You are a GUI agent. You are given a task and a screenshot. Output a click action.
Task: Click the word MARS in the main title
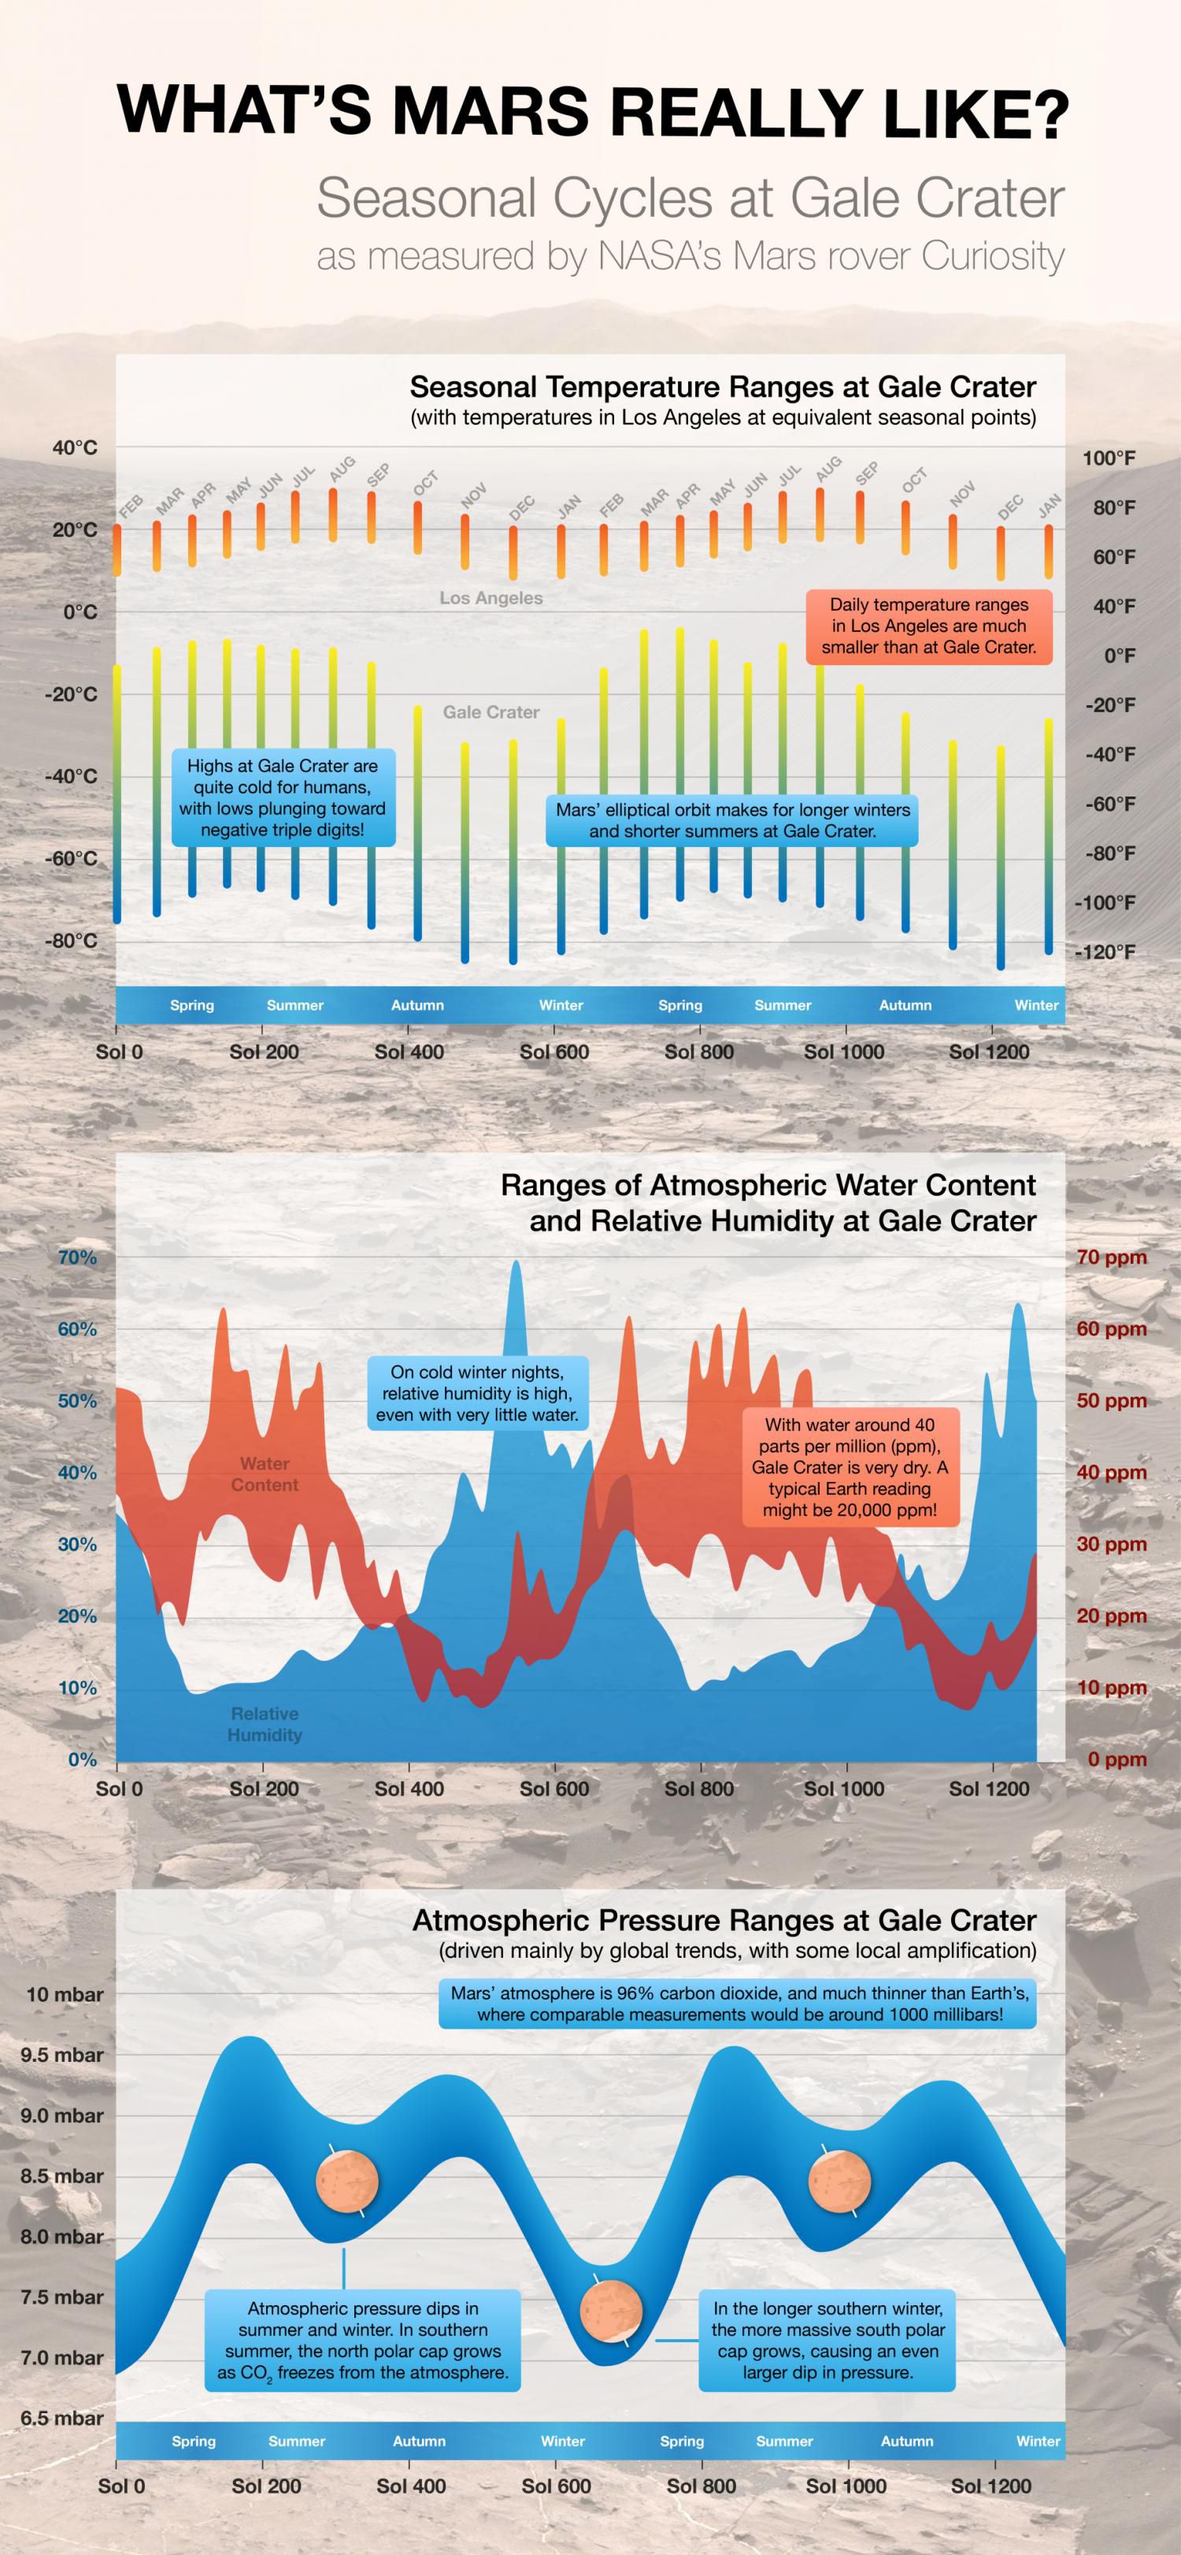(491, 111)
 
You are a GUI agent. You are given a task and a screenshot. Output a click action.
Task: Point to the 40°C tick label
(76, 448)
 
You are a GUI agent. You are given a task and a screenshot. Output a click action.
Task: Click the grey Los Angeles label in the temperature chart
(491, 598)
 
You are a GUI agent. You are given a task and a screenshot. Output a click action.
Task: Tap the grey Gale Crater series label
(491, 712)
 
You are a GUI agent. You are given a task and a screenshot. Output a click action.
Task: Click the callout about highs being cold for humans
(283, 797)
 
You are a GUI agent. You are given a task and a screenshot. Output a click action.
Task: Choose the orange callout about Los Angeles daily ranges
(928, 626)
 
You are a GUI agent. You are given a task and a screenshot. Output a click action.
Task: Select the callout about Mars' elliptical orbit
(731, 820)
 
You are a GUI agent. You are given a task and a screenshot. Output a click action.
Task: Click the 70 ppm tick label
(1111, 1257)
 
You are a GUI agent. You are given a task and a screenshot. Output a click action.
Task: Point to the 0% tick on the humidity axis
(83, 1759)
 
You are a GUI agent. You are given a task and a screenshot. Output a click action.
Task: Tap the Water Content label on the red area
(265, 1474)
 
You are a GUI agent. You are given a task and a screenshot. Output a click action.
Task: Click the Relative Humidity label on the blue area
(265, 1724)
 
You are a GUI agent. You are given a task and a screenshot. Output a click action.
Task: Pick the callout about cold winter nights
(477, 1394)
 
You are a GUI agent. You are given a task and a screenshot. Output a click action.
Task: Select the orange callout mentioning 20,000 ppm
(850, 1467)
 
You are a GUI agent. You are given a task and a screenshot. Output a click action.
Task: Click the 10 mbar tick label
(65, 1995)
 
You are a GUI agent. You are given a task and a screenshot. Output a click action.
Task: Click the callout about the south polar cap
(827, 2340)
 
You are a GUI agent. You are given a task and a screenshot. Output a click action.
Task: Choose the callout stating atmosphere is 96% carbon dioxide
(738, 2004)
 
